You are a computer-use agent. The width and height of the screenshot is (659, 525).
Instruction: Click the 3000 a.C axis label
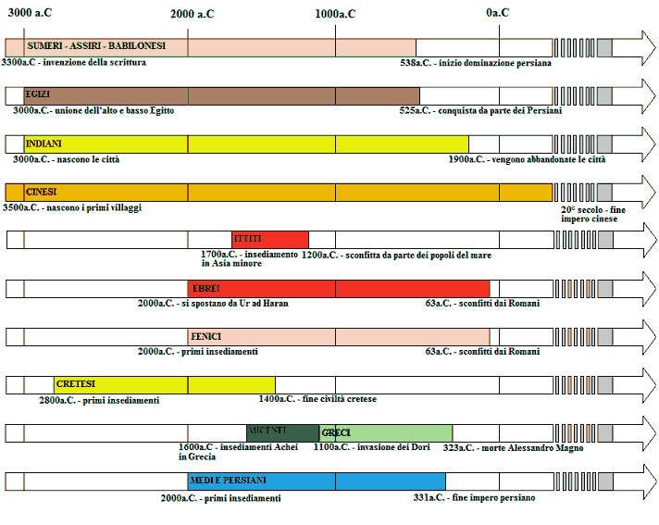[x=29, y=12]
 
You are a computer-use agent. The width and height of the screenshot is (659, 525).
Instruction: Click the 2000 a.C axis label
[x=193, y=13]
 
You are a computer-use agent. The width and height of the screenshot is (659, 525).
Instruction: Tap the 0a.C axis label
[x=498, y=13]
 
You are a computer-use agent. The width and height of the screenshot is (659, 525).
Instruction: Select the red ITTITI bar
[x=269, y=239]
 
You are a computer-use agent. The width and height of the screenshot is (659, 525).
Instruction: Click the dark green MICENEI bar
[x=282, y=432]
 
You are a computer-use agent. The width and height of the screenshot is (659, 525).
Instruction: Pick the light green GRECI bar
[x=387, y=432]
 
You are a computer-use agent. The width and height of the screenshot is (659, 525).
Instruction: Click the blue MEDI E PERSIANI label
[x=228, y=481]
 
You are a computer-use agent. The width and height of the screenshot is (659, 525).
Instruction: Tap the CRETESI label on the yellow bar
[x=75, y=383]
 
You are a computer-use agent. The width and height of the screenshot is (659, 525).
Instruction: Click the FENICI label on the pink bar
[x=205, y=335]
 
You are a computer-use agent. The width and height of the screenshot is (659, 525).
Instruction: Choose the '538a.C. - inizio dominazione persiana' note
[x=475, y=63]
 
